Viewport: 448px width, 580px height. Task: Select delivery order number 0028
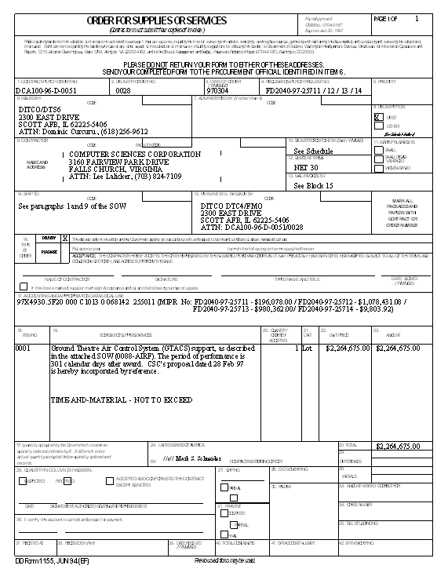pyautogui.click(x=123, y=90)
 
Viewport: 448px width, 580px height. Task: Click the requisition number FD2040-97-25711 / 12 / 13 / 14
pyautogui.click(x=314, y=90)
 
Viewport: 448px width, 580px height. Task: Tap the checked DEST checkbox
pyautogui.click(x=377, y=116)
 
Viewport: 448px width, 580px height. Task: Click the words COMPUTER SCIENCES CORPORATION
pyautogui.click(x=135, y=154)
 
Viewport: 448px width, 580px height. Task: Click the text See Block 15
pyautogui.click(x=313, y=185)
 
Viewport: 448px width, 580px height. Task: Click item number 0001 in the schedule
pyautogui.click(x=23, y=347)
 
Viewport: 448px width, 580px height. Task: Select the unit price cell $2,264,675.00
pyautogui.click(x=346, y=347)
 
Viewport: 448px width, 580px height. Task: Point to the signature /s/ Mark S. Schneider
pyautogui.click(x=191, y=458)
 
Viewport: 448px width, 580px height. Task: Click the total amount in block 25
pyautogui.click(x=398, y=446)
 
